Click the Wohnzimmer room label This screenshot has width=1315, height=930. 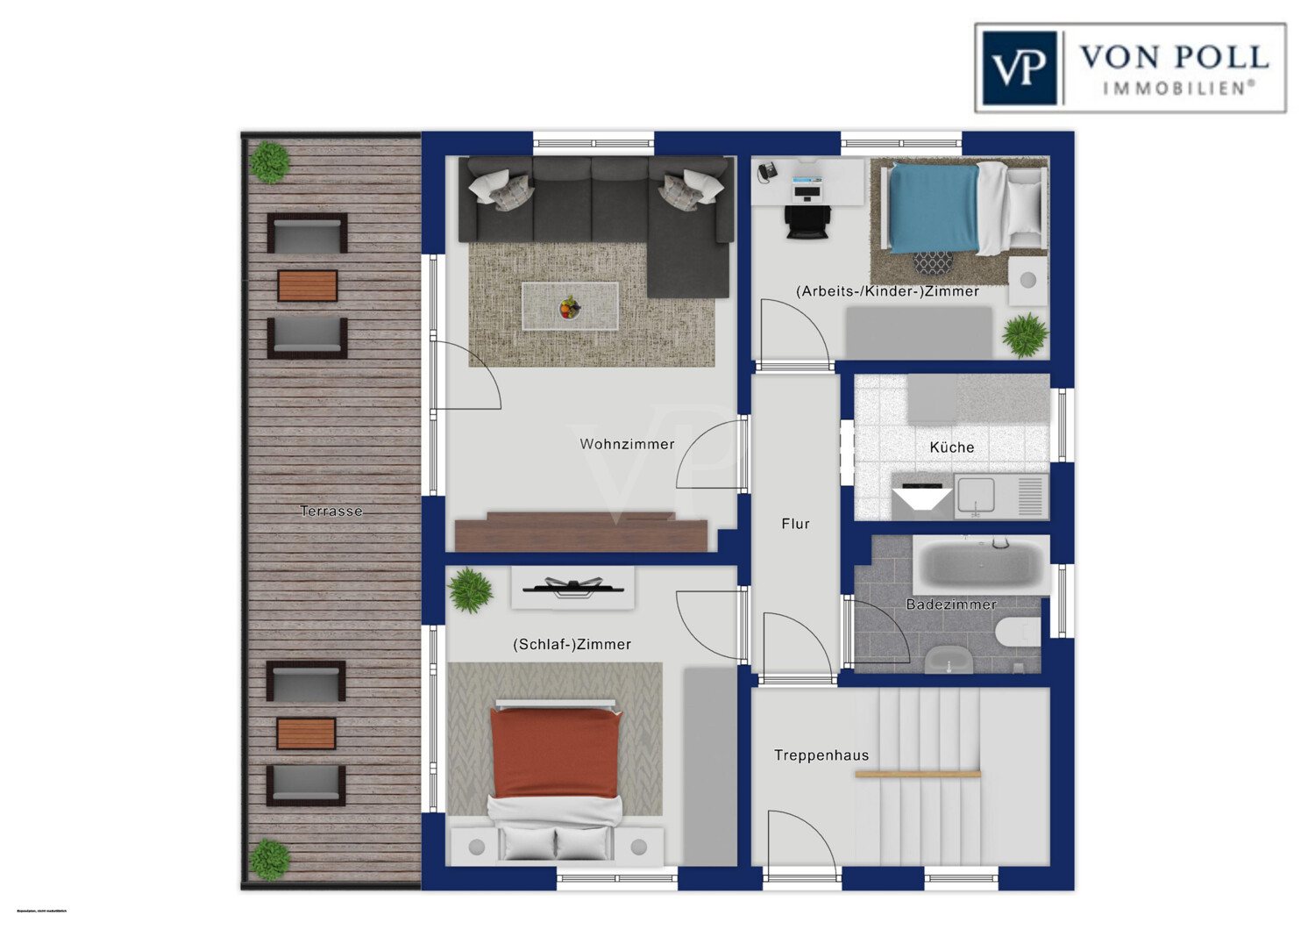click(627, 445)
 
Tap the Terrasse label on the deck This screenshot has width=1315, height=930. click(331, 511)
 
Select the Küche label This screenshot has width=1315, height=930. click(951, 447)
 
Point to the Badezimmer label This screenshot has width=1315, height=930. click(950, 604)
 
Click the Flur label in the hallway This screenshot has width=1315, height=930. click(795, 524)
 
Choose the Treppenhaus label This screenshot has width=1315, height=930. click(821, 755)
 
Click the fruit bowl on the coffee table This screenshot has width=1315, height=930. click(570, 307)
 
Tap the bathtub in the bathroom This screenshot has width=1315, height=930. click(980, 564)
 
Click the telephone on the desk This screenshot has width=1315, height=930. click(766, 171)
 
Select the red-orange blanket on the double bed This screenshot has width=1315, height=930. click(555, 752)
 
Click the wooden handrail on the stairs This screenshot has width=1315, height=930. click(917, 774)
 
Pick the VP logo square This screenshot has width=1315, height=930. click(1019, 68)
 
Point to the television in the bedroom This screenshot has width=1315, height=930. click(572, 586)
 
